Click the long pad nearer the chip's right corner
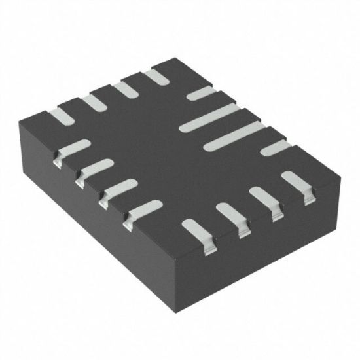(x=233, y=137)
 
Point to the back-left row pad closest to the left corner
(x=62, y=116)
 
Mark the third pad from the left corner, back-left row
(x=124, y=89)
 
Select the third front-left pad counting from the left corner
(x=118, y=189)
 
